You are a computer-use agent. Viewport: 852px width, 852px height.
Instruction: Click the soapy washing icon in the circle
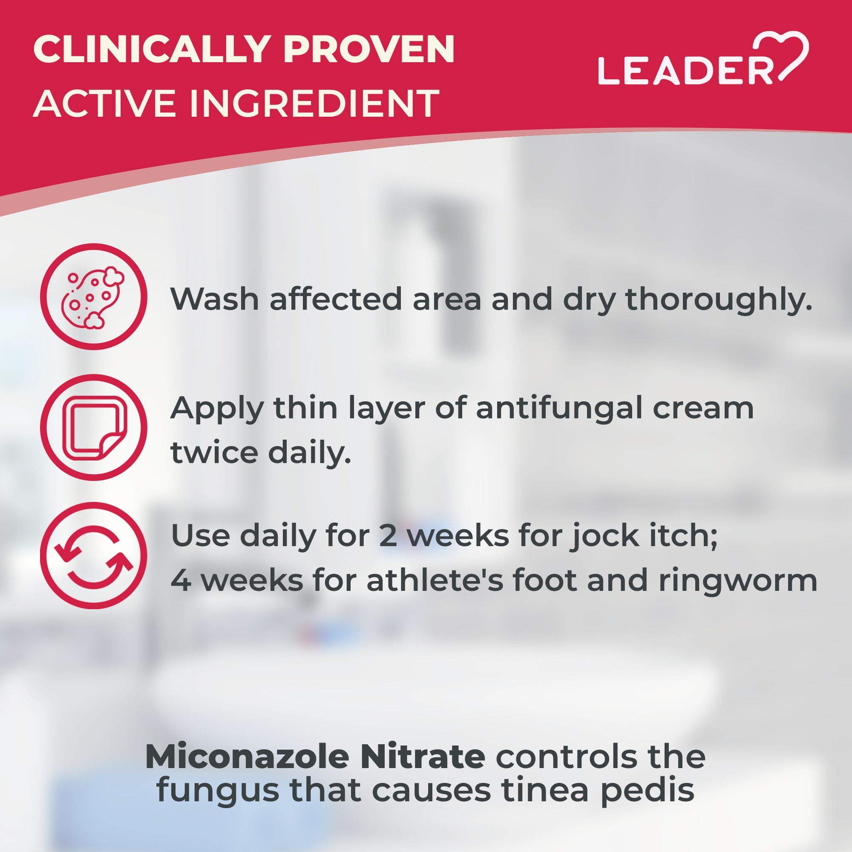pyautogui.click(x=93, y=296)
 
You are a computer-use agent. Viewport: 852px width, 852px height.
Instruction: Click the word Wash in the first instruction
pyautogui.click(x=215, y=299)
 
